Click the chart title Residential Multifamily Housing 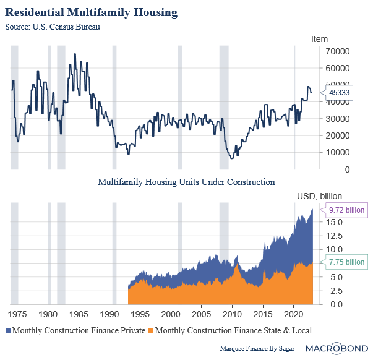pyautogui.click(x=91, y=12)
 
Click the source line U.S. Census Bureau pyautogui.click(x=52, y=27)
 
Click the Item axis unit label pyautogui.click(x=319, y=39)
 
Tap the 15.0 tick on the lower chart pyautogui.click(x=334, y=222)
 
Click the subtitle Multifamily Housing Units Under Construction pyautogui.click(x=186, y=182)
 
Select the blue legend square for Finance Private pyautogui.click(x=8, y=330)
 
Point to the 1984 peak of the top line pyautogui.click(x=75, y=54)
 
